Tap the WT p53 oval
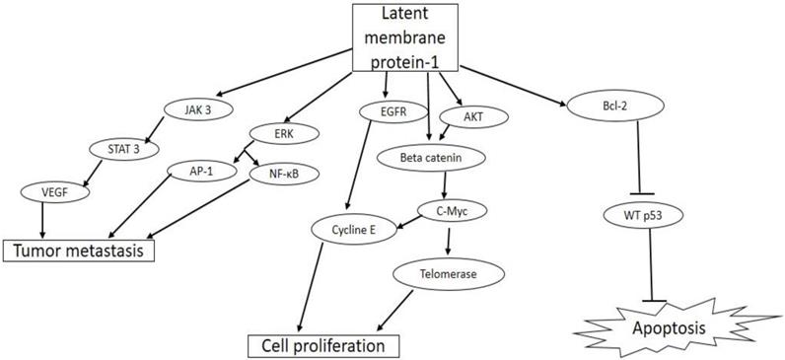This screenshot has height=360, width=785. tap(639, 213)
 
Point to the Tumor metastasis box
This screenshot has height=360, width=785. tap(82, 251)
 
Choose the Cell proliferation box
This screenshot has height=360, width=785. tap(323, 346)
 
